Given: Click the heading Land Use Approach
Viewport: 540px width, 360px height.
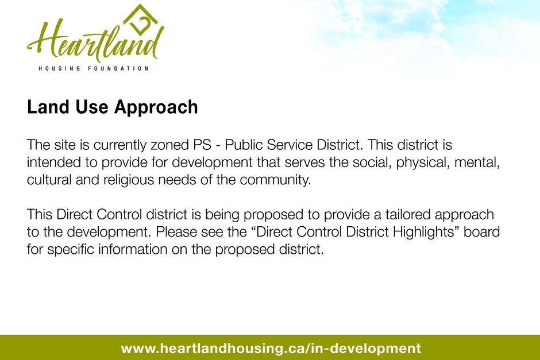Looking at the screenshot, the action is pyautogui.click(x=112, y=107).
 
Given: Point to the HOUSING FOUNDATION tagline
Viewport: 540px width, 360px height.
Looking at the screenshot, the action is pyautogui.click(x=93, y=68).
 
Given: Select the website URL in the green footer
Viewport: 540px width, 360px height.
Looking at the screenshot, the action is pyautogui.click(x=271, y=349).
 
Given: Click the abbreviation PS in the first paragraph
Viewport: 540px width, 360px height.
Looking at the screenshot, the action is pyautogui.click(x=202, y=145).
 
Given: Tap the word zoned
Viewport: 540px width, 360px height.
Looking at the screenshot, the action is pyautogui.click(x=169, y=145).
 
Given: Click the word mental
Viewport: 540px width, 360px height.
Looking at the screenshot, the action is pyautogui.click(x=477, y=162).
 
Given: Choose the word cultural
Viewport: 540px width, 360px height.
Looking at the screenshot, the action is pyautogui.click(x=49, y=180).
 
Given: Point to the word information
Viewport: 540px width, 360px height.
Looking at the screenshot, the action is pyautogui.click(x=133, y=249).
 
